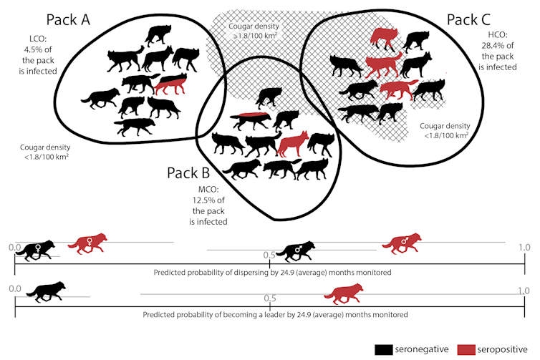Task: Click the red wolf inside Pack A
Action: [170, 84]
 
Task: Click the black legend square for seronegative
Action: [385, 349]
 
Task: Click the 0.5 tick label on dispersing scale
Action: [269, 255]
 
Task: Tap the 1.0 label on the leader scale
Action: [523, 291]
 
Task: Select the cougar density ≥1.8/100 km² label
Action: [253, 30]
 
